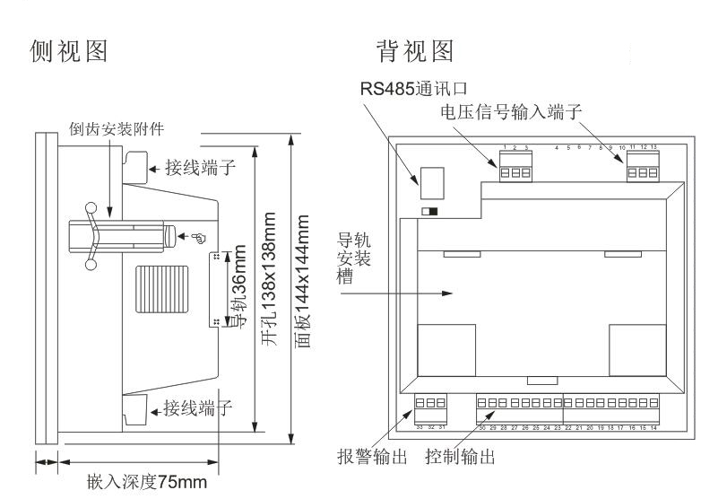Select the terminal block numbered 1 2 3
(515, 170)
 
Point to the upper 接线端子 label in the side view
(198, 167)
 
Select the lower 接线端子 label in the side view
(198, 409)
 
